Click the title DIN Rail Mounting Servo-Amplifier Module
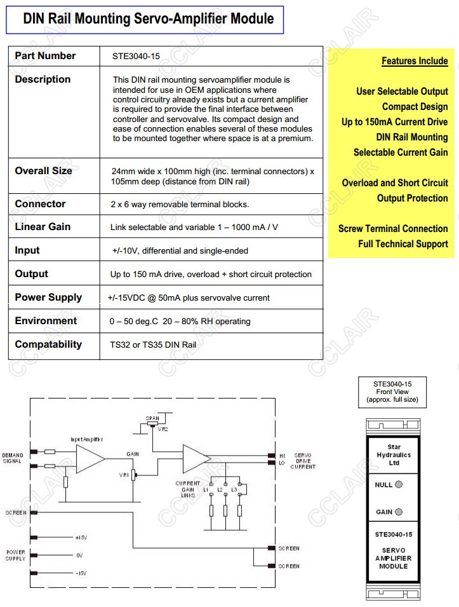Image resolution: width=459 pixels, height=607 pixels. (x=149, y=18)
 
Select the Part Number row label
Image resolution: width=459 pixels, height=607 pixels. (x=45, y=56)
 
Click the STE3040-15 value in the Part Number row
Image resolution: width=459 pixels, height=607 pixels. (x=135, y=57)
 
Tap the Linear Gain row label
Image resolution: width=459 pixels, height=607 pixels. (x=43, y=227)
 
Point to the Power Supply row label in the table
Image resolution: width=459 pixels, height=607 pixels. (x=48, y=297)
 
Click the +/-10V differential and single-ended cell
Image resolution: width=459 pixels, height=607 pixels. (x=180, y=251)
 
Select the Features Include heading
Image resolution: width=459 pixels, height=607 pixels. (x=415, y=61)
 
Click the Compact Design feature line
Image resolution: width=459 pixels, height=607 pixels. (x=415, y=107)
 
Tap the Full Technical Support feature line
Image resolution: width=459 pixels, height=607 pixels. (x=402, y=244)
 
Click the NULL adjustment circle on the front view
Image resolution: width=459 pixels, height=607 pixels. (x=399, y=484)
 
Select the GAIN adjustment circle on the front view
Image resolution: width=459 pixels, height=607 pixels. (x=399, y=512)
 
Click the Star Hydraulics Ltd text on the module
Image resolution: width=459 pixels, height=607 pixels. (x=394, y=455)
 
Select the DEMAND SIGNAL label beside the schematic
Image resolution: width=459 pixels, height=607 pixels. (x=13, y=458)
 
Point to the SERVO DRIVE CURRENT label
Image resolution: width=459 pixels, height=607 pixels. (x=303, y=461)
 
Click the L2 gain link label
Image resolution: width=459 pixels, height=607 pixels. (x=220, y=490)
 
